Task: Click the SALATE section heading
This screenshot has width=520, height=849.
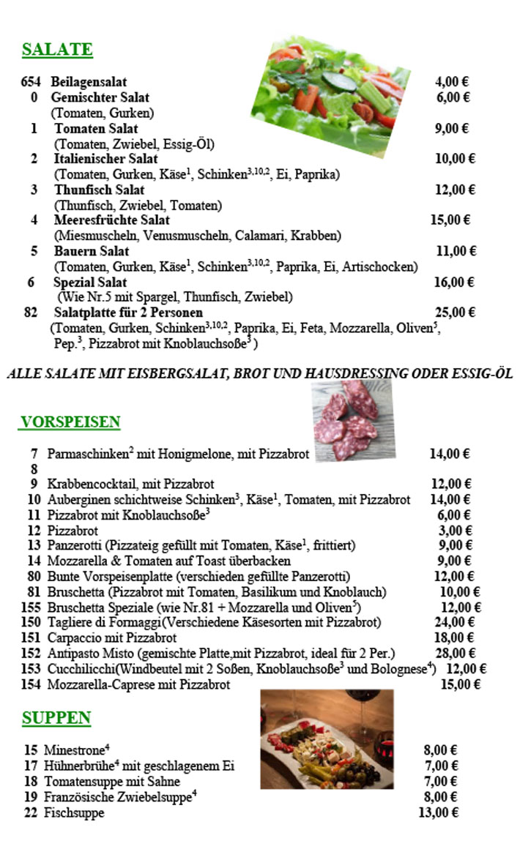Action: click(57, 50)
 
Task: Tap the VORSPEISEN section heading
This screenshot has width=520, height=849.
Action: click(70, 422)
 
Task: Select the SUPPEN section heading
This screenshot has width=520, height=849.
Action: click(56, 718)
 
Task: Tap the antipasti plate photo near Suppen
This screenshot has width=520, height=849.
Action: click(327, 739)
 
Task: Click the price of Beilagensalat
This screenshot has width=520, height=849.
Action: click(452, 81)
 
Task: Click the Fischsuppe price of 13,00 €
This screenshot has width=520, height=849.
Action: click(438, 812)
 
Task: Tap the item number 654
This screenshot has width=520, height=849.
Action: click(31, 81)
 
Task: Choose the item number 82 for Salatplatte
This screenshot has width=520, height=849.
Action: click(31, 313)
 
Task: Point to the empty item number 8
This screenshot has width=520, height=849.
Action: click(34, 469)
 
